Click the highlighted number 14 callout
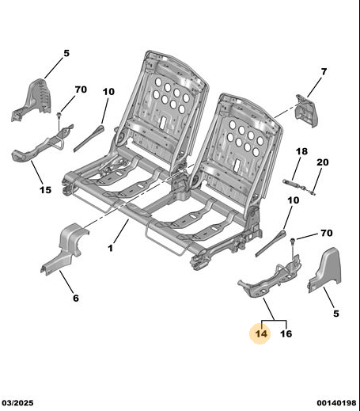point(261,333)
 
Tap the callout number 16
point(286,333)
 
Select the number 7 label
point(324,71)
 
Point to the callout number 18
point(301,151)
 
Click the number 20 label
point(323,162)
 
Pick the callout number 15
point(45,190)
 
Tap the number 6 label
point(76,298)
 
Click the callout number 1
point(111,248)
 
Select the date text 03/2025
point(18,403)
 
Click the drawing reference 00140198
point(336,403)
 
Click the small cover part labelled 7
point(307,111)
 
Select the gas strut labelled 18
point(293,183)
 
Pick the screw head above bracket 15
point(59,115)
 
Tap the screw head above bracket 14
point(293,240)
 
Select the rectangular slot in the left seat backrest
point(164,121)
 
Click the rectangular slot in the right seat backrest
point(237,164)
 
